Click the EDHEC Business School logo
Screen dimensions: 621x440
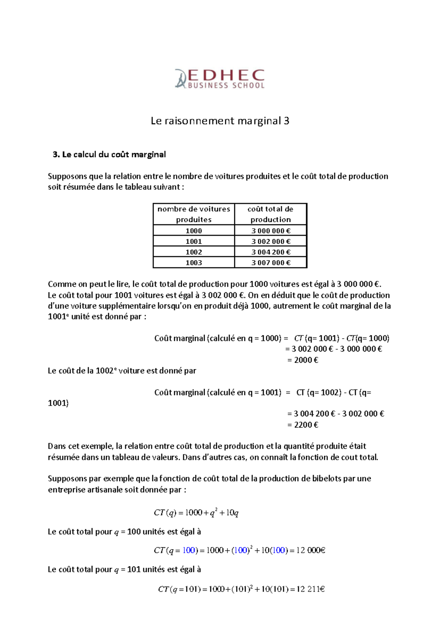click(220, 79)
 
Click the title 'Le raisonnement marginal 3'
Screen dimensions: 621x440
click(220, 121)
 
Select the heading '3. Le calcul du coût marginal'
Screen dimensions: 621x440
click(109, 155)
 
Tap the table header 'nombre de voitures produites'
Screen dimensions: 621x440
click(194, 214)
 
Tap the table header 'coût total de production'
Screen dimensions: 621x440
click(270, 214)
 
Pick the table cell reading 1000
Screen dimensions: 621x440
click(194, 231)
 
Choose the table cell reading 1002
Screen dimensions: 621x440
click(194, 252)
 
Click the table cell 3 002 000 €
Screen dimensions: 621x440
click(271, 241)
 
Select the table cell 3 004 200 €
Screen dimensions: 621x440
click(271, 252)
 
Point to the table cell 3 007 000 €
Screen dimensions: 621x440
click(271, 263)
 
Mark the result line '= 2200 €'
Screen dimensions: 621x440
click(303, 425)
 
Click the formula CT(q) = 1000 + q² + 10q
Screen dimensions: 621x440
click(196, 513)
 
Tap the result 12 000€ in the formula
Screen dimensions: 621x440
click(311, 550)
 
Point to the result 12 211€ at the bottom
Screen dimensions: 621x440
click(311, 589)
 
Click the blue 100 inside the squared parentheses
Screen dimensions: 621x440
click(241, 550)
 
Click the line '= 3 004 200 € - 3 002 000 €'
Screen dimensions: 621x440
click(335, 414)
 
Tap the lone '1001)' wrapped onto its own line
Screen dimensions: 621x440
click(58, 403)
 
